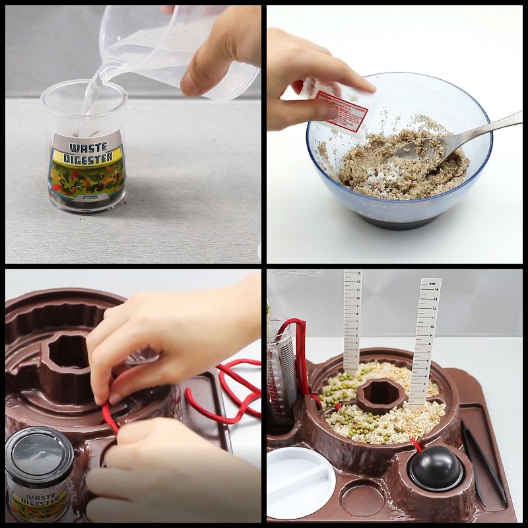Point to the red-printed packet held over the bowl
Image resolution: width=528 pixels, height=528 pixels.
click(338, 106)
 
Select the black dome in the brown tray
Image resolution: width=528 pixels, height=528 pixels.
click(435, 467)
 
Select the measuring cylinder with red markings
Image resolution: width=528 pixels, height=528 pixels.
click(283, 373)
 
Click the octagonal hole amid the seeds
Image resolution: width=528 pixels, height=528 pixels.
click(381, 394)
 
